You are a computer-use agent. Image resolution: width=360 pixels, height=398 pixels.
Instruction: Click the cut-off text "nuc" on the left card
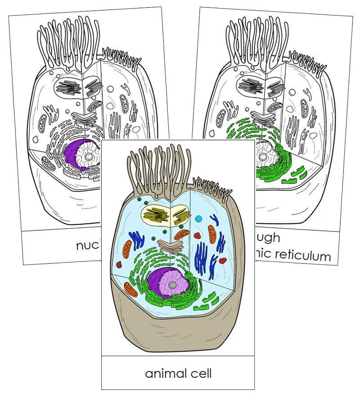pos(86,245)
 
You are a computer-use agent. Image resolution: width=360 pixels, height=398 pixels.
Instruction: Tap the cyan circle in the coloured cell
pos(199,219)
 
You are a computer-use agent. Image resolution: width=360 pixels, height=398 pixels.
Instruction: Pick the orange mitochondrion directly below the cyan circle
pos(212,235)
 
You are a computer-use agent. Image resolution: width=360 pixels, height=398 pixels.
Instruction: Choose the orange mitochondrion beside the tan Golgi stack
pos(182,235)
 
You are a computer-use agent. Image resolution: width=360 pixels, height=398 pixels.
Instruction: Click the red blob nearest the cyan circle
pos(197,235)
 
